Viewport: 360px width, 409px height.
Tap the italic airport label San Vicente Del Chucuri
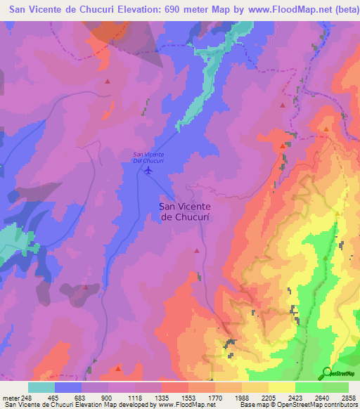point(148,157)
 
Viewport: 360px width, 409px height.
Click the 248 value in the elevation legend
point(27,398)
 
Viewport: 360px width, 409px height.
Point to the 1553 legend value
point(188,398)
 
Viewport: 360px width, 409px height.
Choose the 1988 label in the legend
point(241,398)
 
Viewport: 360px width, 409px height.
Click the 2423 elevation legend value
point(295,398)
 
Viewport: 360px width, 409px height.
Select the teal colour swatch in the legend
point(41,387)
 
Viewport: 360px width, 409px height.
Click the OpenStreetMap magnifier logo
point(326,374)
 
